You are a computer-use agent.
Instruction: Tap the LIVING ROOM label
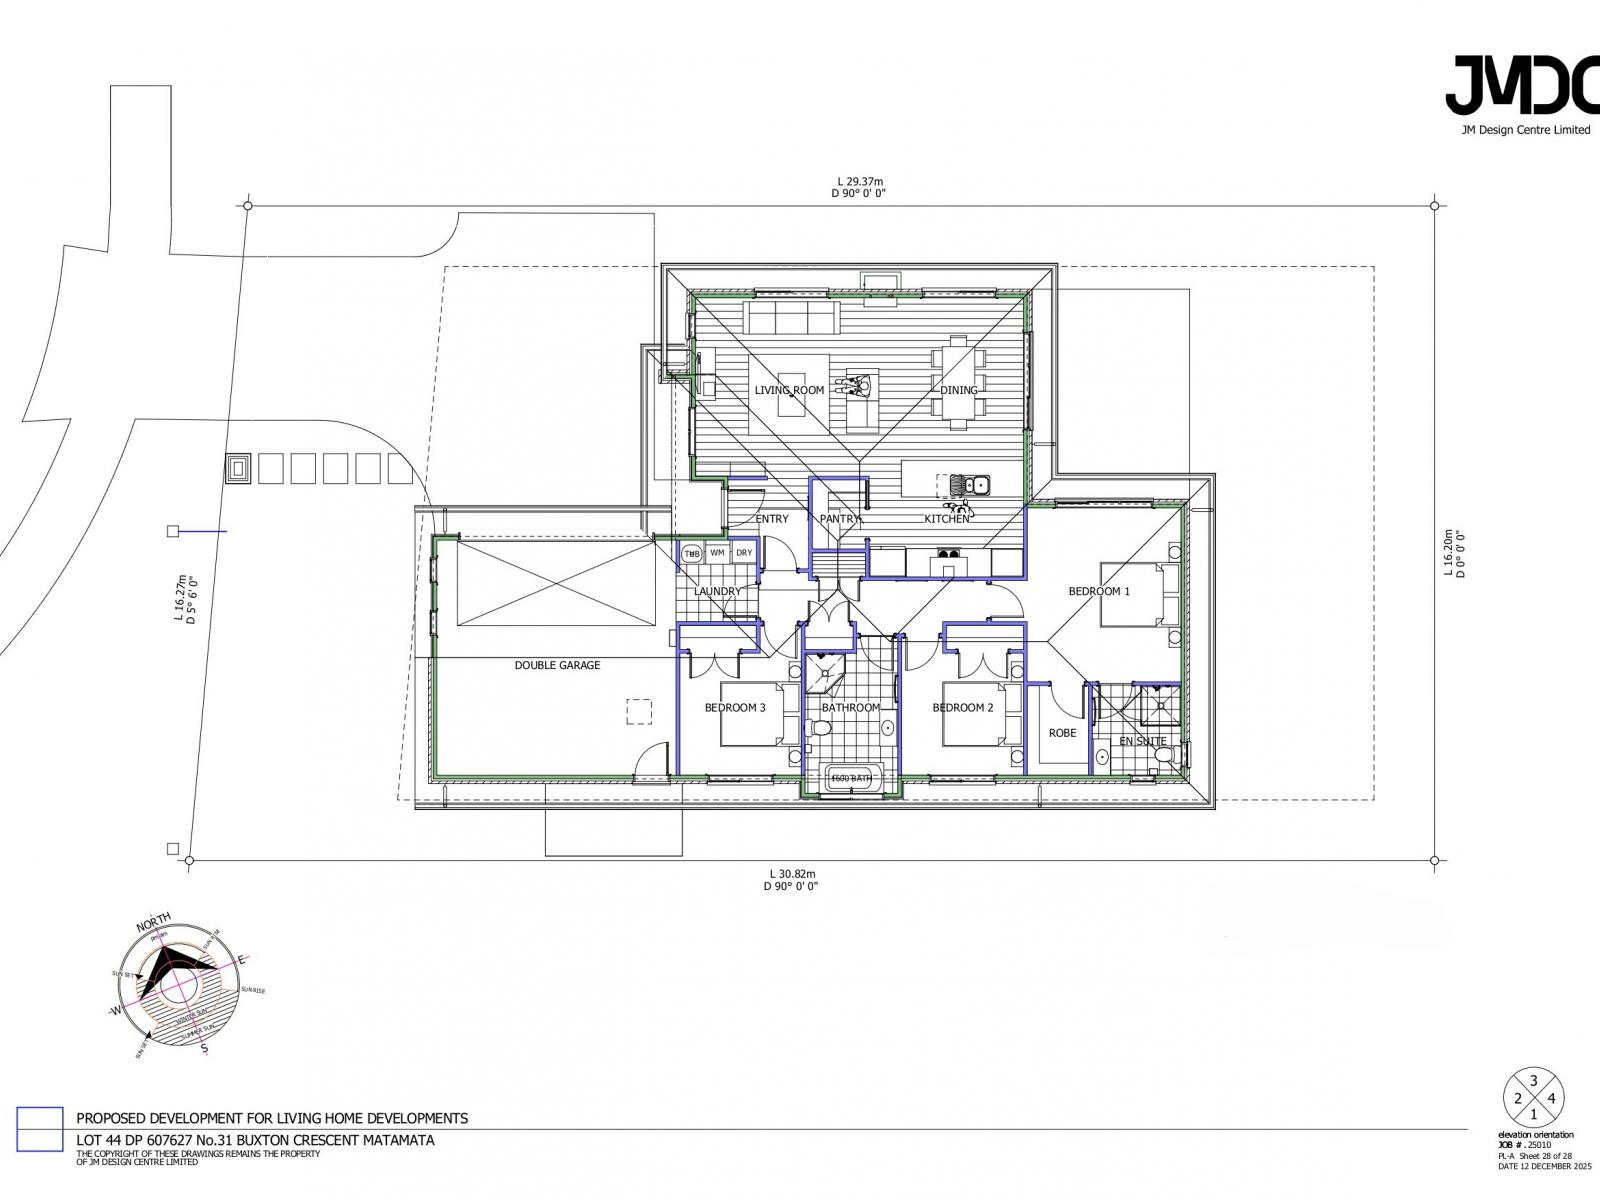tap(789, 390)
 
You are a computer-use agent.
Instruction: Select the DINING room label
tap(958, 390)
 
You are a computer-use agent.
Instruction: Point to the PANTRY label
tap(839, 519)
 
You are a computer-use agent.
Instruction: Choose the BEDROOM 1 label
tap(1098, 591)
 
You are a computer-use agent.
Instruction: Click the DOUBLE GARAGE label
tap(557, 665)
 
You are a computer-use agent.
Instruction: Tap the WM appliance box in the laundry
tap(717, 553)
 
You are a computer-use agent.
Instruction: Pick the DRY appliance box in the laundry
tap(744, 553)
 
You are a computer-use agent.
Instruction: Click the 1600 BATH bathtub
tap(851, 778)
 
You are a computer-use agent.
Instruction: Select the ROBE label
tap(1062, 733)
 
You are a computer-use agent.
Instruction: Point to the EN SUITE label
tap(1142, 741)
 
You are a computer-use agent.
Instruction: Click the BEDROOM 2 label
tap(962, 708)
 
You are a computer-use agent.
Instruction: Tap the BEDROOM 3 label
tap(735, 708)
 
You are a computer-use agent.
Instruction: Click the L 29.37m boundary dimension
tap(858, 182)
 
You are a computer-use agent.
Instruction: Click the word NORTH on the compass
tap(153, 923)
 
